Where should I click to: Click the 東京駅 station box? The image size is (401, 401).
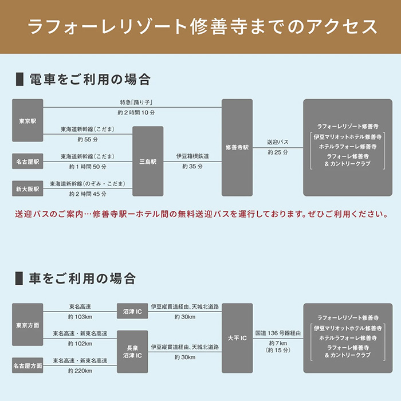[27, 120]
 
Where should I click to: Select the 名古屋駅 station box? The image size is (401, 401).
[27, 162]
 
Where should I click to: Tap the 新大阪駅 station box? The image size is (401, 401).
[27, 188]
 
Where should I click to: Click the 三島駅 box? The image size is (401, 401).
[148, 161]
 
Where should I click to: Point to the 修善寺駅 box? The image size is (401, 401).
[237, 148]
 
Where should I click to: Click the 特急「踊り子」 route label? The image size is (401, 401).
[136, 103]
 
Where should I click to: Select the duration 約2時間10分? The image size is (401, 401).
[136, 112]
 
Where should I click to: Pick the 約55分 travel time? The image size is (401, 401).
[88, 140]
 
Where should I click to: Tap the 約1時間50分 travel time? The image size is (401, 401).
[88, 167]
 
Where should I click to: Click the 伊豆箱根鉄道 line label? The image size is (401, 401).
[192, 156]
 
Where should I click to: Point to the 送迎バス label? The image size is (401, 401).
[278, 142]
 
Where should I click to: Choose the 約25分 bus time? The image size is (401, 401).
[278, 152]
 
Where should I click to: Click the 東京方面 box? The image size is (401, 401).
[27, 325]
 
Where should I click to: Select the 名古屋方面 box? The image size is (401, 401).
[27, 365]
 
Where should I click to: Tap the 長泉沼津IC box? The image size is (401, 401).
[132, 352]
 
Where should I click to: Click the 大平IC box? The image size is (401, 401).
[237, 338]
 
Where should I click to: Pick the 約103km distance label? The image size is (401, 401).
[80, 317]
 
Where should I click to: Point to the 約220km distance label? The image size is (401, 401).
[80, 371]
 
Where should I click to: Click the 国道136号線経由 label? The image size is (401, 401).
[278, 333]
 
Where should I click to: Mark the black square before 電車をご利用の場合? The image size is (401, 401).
[19, 79]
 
